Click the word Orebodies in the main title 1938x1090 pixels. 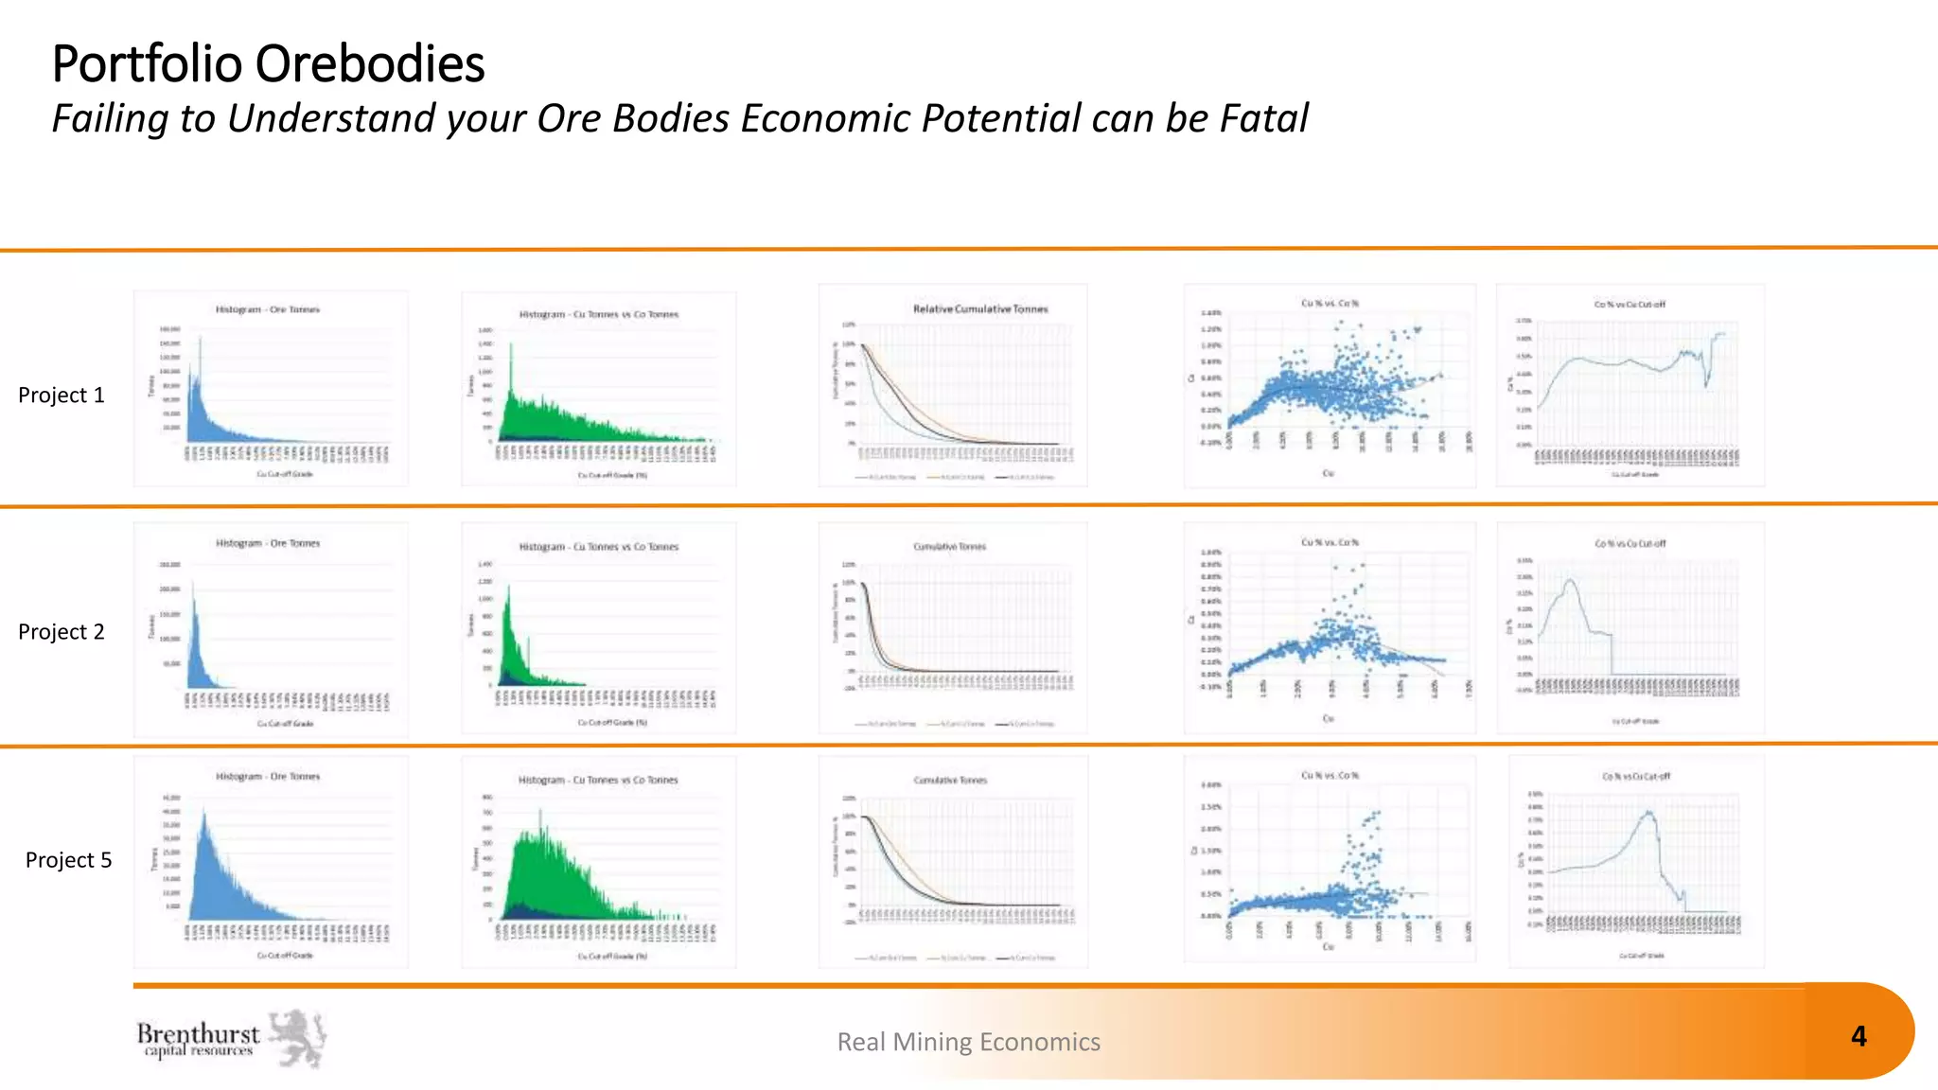pos(370,64)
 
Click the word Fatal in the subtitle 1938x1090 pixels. pos(1264,119)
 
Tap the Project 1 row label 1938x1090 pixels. pos(62,396)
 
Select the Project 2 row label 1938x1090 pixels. pos(62,632)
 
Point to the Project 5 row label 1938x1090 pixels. pos(68,860)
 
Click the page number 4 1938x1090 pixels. pos(1859,1037)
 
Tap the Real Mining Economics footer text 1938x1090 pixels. pos(968,1042)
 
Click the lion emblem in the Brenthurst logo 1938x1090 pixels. pos(299,1038)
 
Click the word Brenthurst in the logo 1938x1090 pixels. pos(198,1033)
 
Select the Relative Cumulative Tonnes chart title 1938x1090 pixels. pos(980,309)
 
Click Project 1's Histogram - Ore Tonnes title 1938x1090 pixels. pos(268,309)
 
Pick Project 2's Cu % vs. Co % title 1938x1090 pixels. pos(1330,542)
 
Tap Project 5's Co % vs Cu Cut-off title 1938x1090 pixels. pos(1635,776)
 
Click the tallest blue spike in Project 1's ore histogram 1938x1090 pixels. pos(200,340)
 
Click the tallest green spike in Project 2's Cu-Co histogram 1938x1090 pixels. pos(508,589)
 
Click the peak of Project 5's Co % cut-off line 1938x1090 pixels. pos(1648,812)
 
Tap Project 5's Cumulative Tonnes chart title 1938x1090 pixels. pos(950,781)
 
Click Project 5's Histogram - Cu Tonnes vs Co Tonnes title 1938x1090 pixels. pos(598,781)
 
